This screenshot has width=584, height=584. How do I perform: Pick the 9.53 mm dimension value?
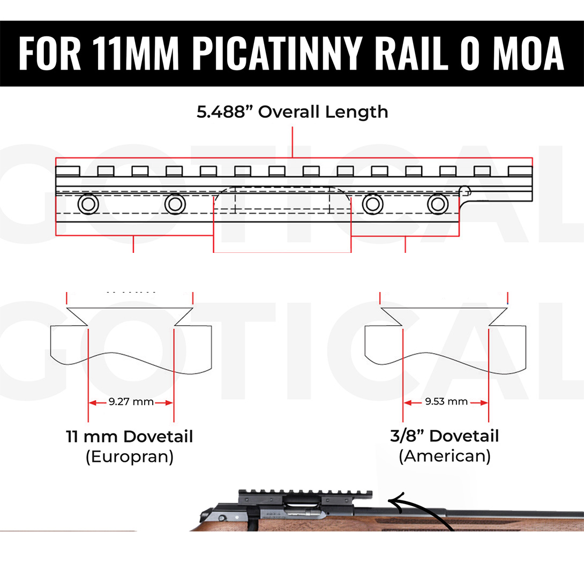(x=446, y=402)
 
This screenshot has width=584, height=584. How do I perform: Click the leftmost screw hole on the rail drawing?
(x=87, y=204)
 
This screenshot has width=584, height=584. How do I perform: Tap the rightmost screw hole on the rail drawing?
(x=437, y=204)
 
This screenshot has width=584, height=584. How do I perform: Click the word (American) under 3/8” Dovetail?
(x=445, y=456)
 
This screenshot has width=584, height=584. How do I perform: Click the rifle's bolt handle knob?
(x=222, y=519)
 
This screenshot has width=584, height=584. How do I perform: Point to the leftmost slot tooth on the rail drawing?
(x=68, y=171)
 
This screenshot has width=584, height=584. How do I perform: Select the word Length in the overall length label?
(x=358, y=112)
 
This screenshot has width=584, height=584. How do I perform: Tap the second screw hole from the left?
(x=174, y=204)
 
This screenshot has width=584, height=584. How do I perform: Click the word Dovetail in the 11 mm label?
(x=158, y=437)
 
